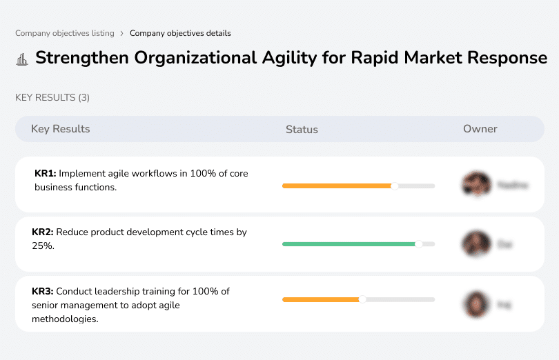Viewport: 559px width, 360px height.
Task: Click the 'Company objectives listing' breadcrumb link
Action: click(65, 33)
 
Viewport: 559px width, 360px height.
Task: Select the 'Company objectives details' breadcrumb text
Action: click(180, 33)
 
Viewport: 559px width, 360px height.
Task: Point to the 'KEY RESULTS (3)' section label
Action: click(52, 98)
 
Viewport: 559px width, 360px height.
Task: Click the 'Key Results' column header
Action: click(60, 129)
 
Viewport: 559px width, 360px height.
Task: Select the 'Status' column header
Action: click(302, 130)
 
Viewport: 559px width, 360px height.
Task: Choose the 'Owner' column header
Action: click(480, 129)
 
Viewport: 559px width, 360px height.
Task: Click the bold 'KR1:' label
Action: click(45, 174)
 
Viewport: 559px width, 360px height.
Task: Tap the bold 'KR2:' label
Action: click(43, 232)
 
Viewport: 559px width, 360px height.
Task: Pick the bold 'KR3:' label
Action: click(43, 292)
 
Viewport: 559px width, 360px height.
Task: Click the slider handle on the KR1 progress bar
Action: click(395, 186)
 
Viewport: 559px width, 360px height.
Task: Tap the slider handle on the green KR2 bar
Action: click(418, 244)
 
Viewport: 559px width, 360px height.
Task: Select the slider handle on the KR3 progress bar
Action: click(362, 299)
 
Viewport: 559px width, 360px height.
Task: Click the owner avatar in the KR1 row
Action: click(476, 184)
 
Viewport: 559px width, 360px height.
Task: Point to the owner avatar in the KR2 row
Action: click(476, 243)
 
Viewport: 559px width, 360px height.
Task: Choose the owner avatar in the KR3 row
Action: click(476, 303)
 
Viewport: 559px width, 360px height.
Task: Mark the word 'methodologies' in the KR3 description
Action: click(64, 319)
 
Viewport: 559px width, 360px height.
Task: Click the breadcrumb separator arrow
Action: click(122, 33)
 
